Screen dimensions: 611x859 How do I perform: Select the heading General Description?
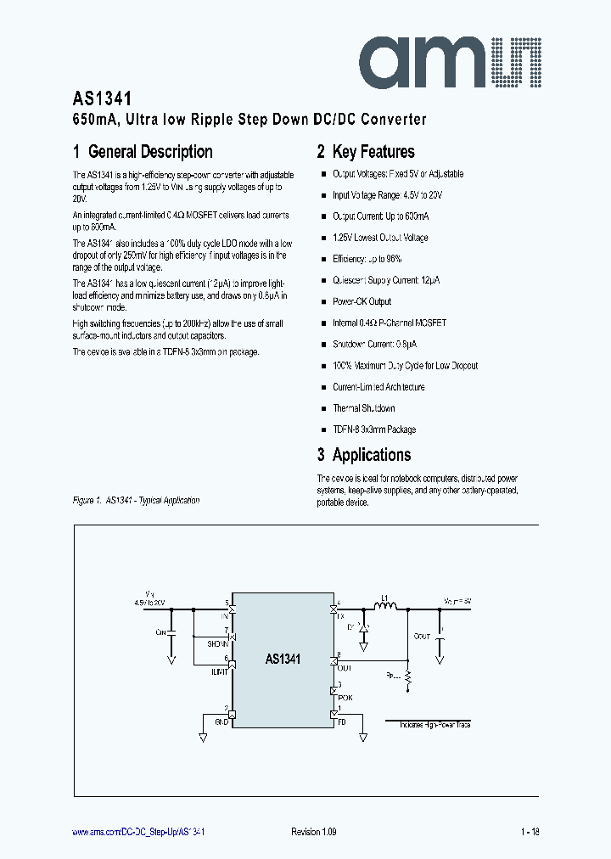[143, 152]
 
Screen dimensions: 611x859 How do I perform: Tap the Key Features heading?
[366, 152]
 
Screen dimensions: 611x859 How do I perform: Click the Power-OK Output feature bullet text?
[362, 301]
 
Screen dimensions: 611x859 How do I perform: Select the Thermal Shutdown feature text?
[363, 408]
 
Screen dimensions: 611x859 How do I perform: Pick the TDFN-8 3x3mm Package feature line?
[374, 429]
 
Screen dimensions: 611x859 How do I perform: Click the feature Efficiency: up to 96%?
[367, 259]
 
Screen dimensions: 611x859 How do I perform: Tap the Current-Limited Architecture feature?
[378, 387]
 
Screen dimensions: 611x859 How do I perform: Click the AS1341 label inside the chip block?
[283, 659]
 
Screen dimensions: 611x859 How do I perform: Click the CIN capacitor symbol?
[171, 633]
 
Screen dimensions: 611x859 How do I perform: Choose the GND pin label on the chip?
[220, 721]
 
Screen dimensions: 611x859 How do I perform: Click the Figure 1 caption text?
[136, 500]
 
